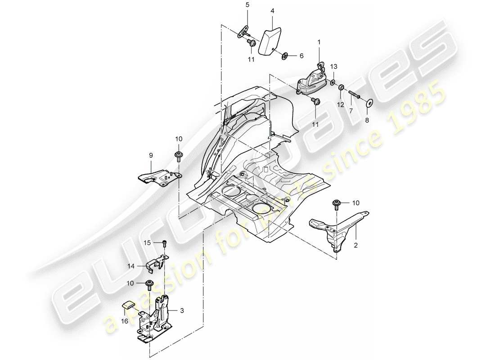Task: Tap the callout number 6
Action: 301,56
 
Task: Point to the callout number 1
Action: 319,42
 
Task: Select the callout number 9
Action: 151,155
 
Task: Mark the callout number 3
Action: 182,310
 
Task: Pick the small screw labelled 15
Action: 165,243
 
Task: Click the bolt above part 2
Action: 336,205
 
